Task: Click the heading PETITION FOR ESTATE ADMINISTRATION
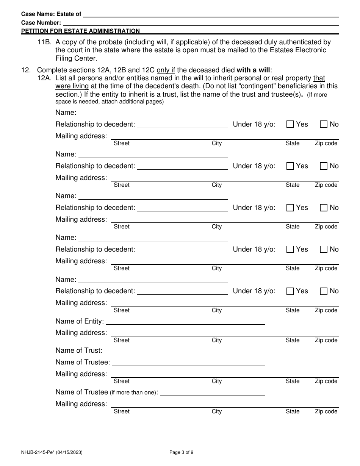coord(80,31)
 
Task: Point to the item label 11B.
coord(44,42)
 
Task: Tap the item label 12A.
coord(44,78)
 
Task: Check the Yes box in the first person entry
coord(290,124)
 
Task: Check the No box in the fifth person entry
coord(324,291)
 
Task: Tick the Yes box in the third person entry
coord(290,208)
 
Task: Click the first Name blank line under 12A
coord(153,113)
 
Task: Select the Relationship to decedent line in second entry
coord(182,166)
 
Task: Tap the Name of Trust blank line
coord(221,351)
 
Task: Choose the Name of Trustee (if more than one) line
coord(213,393)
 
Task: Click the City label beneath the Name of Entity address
coord(217,340)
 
